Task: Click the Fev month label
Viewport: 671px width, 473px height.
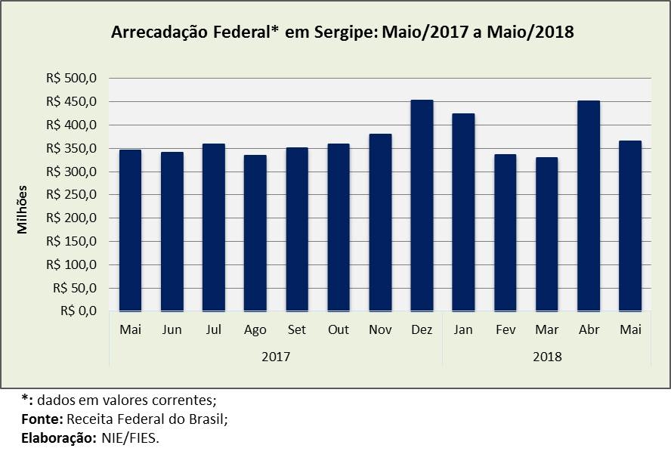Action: (505, 330)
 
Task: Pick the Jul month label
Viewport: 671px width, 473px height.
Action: (213, 330)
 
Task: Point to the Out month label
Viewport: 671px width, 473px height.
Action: (338, 330)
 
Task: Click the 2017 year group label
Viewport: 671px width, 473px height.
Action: (275, 354)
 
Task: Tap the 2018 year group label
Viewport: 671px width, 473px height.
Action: (546, 354)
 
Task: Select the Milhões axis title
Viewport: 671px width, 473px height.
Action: (23, 209)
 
